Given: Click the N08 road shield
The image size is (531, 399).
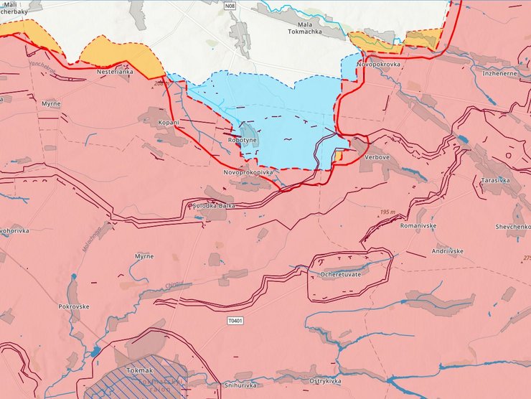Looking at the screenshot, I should tap(230, 6).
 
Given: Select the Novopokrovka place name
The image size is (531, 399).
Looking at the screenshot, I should tap(377, 64).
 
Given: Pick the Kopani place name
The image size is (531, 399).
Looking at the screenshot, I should tap(169, 123).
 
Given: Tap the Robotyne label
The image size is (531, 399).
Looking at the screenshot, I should tap(241, 141).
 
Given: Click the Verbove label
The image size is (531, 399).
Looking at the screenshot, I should tap(377, 157).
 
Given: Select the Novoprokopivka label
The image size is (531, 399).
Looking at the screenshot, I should tap(250, 173).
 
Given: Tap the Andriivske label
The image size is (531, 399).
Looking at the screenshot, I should tap(446, 250).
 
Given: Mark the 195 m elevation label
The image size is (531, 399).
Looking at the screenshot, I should tap(389, 212).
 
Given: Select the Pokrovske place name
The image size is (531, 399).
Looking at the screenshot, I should tap(74, 306).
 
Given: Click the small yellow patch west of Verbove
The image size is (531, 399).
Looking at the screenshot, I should tap(338, 155).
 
